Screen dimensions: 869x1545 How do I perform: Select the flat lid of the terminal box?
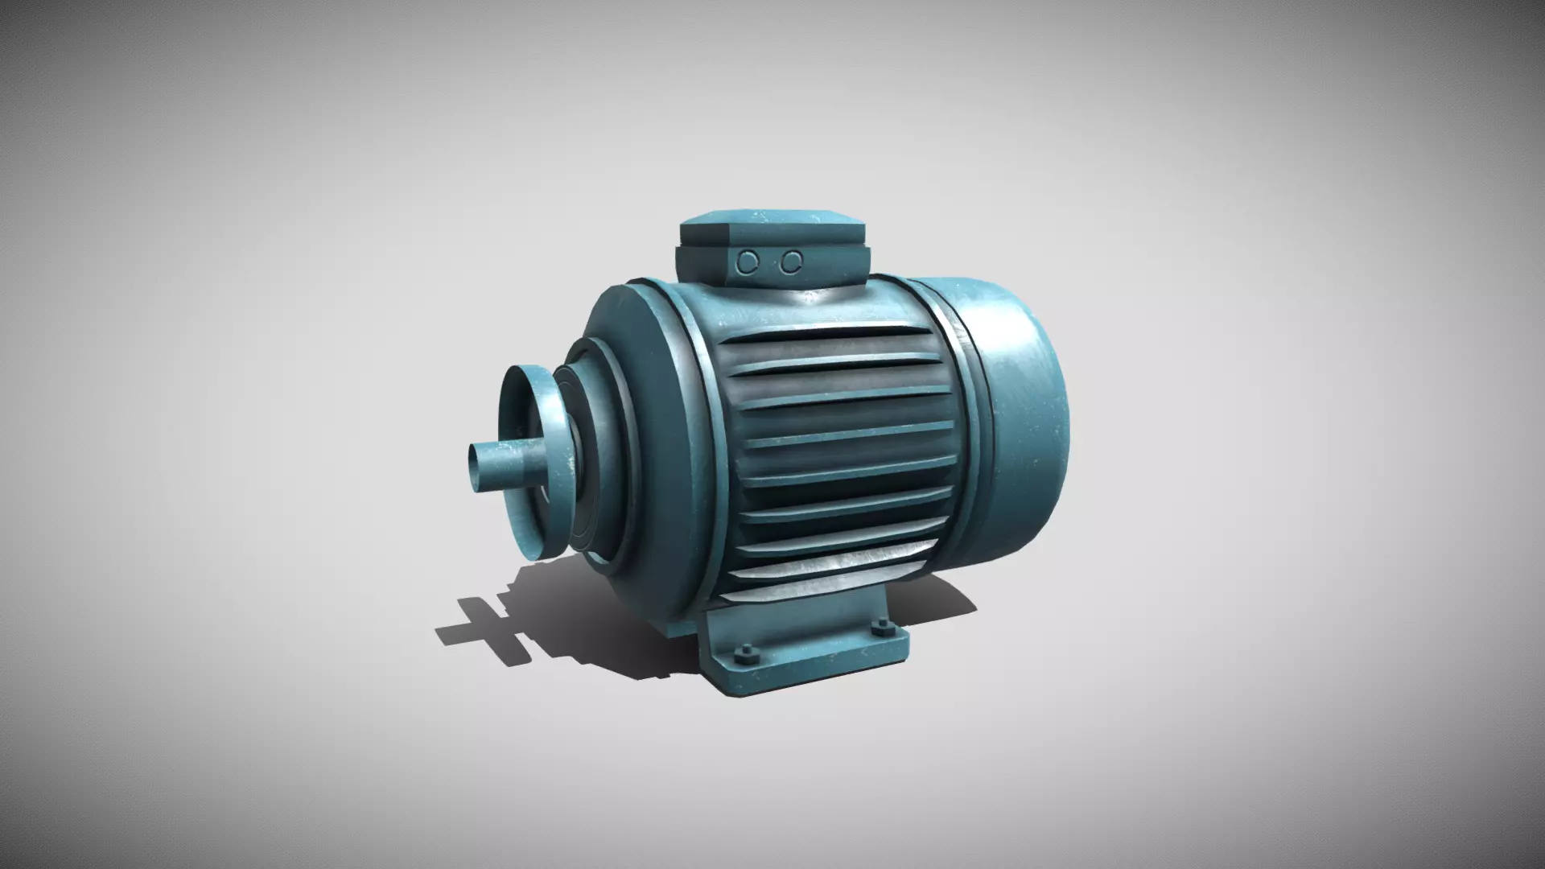pos(770,219)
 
